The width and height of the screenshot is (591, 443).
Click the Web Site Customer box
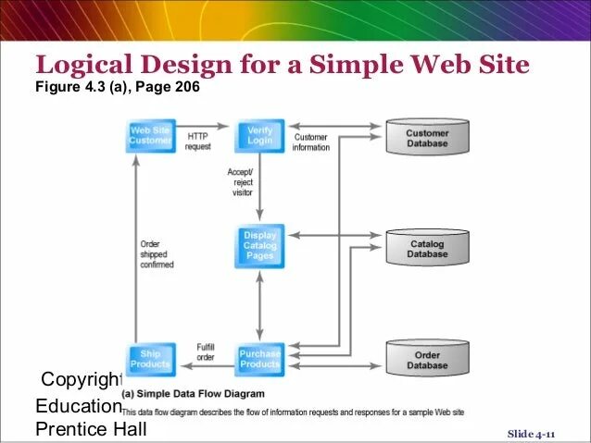tap(150, 136)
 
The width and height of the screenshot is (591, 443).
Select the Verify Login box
tap(259, 136)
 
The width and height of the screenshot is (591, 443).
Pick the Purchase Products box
tap(260, 358)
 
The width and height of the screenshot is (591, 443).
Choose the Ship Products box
tap(150, 358)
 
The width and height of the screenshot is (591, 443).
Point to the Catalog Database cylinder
tap(427, 249)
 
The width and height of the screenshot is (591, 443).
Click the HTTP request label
tap(198, 142)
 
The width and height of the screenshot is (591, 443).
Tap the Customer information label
tap(311, 142)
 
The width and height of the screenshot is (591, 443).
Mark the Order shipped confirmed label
tap(157, 254)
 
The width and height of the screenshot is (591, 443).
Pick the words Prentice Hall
tap(90, 429)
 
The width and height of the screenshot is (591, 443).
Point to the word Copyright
tap(82, 380)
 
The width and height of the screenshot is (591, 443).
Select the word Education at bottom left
tap(78, 406)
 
